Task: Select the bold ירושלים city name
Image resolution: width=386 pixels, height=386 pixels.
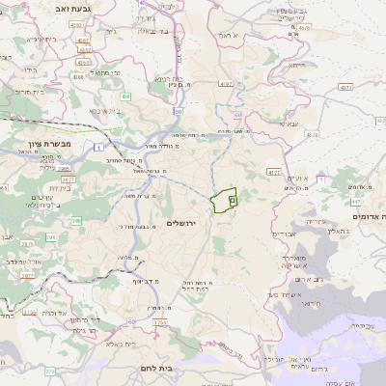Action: pos(180,224)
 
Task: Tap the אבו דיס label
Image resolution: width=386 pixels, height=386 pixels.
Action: pos(284,234)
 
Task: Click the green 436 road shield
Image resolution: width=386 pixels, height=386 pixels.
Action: pos(126,96)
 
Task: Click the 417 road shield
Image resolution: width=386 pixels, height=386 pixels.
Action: pos(355,202)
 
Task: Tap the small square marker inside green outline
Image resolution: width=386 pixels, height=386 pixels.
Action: pos(232,201)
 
